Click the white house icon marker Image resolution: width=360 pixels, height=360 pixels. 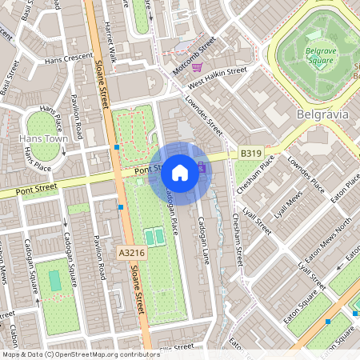coord(180,173)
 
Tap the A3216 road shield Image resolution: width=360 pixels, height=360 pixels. coord(131,252)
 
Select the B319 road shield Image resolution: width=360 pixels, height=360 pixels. coord(250,151)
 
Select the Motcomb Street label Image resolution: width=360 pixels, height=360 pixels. coord(194,56)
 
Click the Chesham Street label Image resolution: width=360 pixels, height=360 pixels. coord(238,240)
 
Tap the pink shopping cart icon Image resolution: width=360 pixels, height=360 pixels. coord(197,67)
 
